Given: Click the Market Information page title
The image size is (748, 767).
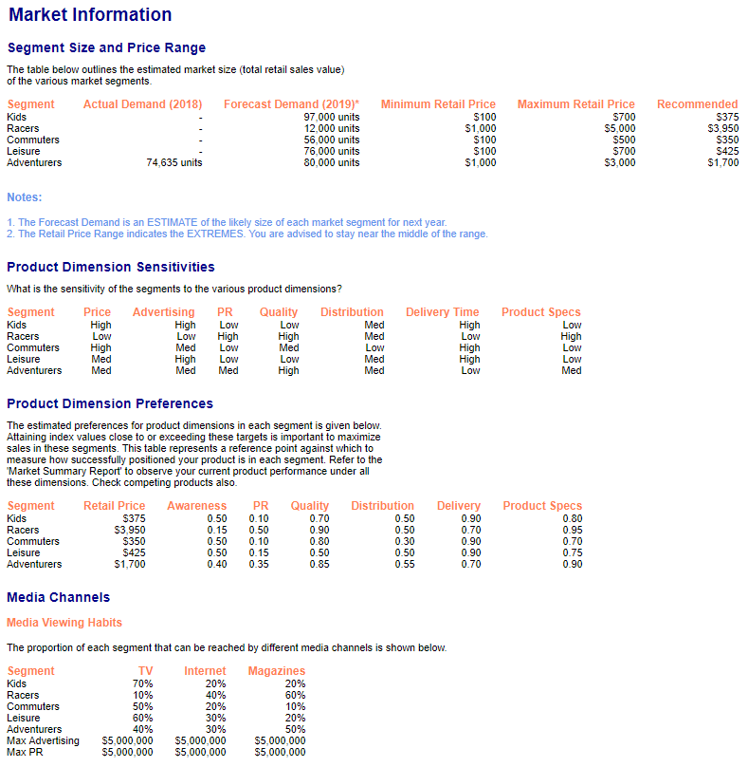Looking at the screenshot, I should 90,15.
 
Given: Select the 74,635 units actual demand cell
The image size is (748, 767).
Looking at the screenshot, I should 173,162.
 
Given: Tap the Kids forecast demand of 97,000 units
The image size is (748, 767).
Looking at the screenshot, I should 331,117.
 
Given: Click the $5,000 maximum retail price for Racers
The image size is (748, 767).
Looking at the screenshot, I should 620,128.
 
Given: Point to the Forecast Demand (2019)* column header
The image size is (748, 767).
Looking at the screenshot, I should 291,104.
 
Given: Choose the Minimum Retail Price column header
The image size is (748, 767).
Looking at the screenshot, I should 438,104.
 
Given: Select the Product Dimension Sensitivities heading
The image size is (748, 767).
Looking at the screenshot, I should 111,267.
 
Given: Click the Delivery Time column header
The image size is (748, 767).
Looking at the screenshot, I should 442,312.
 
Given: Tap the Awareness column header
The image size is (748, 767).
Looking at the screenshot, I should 196,506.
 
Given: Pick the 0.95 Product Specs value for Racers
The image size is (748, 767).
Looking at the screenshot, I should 572,530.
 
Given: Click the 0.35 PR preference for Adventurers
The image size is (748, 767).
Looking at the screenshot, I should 259,564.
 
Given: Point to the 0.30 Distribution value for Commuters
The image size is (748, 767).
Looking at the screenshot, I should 404,541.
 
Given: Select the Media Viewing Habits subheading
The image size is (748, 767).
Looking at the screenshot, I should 64,623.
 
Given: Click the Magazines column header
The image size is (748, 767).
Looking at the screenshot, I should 276,671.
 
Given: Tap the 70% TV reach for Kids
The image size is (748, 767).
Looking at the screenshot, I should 142,683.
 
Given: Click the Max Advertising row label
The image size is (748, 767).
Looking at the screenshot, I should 43,740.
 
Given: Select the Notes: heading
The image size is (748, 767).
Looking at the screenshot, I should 25,197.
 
